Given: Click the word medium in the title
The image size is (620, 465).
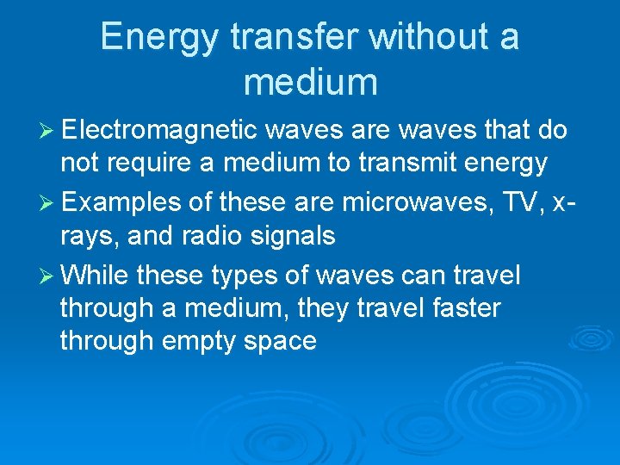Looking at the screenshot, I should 310,82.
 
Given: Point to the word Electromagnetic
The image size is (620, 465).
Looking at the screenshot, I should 159,130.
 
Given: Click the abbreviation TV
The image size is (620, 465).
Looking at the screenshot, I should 513,203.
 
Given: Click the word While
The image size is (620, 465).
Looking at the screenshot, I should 96,276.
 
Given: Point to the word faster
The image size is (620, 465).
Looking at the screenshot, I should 457,307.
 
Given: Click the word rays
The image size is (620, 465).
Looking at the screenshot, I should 87,237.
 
